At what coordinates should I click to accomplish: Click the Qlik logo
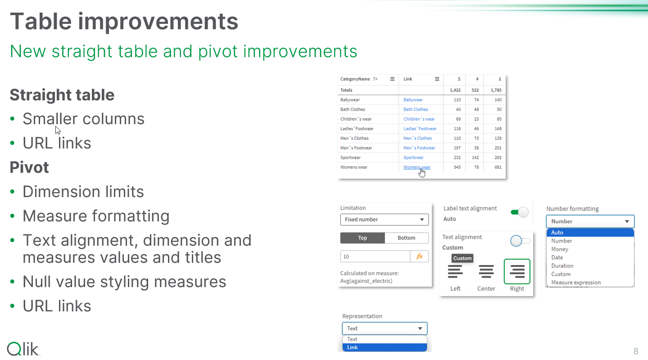23,349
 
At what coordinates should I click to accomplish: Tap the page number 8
636,351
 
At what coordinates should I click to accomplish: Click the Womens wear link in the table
417,167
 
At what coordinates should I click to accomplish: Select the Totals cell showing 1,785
496,90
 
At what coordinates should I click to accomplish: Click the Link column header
408,79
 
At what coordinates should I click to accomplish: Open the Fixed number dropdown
384,220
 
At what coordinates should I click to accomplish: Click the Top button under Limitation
363,238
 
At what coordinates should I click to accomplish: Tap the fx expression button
420,256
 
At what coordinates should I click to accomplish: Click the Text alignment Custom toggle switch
520,241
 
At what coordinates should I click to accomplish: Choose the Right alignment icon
517,271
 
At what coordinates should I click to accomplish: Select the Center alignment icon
486,271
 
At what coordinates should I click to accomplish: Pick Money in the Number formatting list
560,249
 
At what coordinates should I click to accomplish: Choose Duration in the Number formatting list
562,266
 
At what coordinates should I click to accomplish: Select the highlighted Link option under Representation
384,347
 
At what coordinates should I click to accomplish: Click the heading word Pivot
29,167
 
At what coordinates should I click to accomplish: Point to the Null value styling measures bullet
124,282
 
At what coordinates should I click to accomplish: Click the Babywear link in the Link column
413,100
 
